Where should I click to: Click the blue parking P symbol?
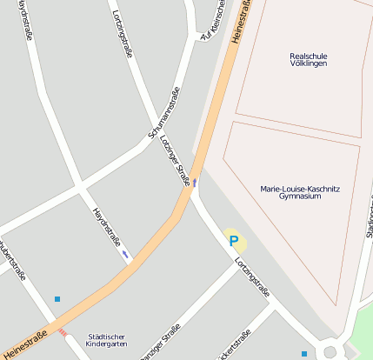click(233, 241)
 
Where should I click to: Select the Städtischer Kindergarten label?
click(107, 340)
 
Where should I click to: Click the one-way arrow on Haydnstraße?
click(125, 253)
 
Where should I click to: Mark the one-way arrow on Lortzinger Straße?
click(195, 183)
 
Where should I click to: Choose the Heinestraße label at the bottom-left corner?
click(24, 344)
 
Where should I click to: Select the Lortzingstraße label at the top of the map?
click(123, 34)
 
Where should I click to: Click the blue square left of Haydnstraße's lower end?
click(57, 299)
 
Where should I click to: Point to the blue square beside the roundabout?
click(303, 354)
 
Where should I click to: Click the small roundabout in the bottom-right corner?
click(330, 352)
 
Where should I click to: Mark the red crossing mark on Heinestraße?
click(62, 331)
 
